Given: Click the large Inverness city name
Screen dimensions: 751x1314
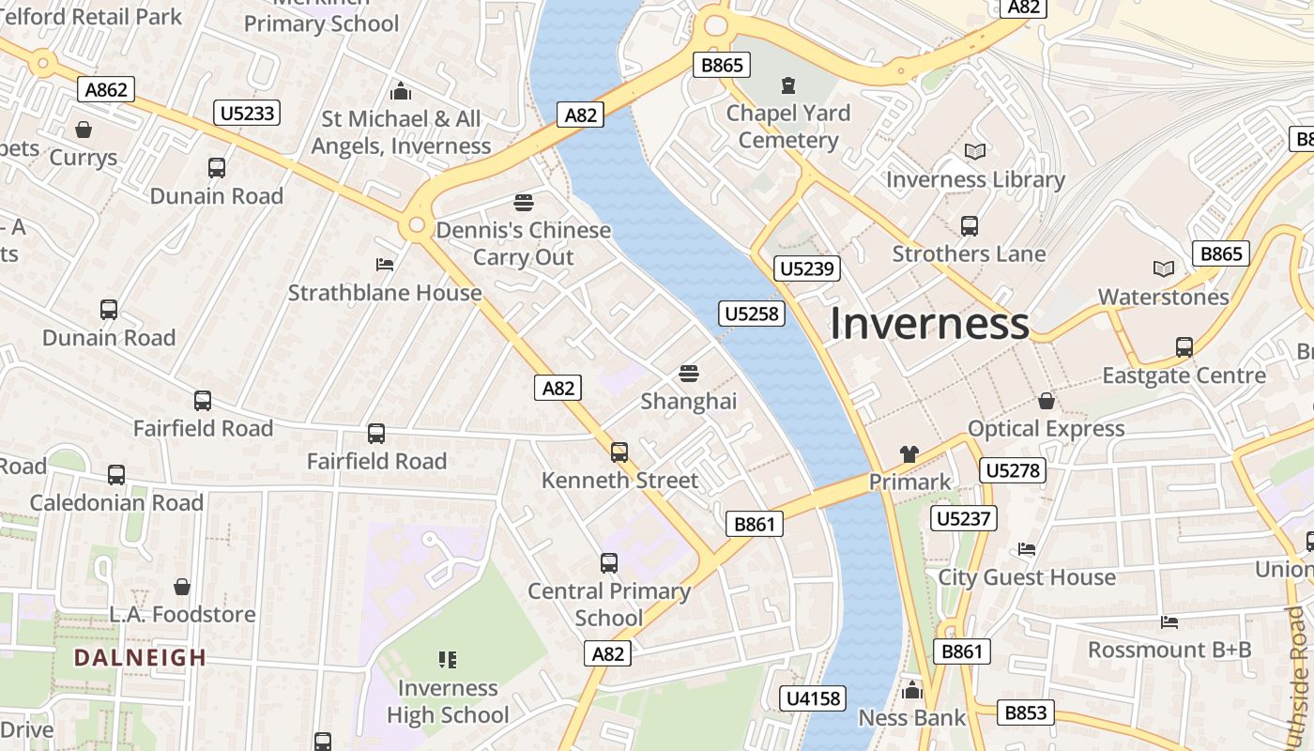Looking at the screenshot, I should coord(929,324).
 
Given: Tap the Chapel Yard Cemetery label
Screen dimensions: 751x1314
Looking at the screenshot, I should coord(788,127).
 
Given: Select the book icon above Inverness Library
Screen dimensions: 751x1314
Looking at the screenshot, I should coord(975,151).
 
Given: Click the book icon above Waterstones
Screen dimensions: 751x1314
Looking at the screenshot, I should coord(1164,269).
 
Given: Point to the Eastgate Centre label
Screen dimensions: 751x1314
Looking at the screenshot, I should coord(1184,375).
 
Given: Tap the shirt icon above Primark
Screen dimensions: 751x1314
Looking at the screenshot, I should coord(909,454).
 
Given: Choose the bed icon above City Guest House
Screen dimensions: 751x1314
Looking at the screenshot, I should coord(1027,549).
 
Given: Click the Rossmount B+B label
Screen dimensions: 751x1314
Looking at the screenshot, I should coord(1169,650).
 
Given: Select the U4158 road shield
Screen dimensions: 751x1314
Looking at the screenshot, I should coord(813,698).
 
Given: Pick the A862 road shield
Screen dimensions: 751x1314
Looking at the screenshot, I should coord(105,90).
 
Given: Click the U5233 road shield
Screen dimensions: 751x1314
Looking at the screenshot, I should coord(248,114).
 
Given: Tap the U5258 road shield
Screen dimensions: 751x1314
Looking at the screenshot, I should coord(753,314).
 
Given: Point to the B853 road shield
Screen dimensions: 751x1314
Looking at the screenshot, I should coord(1025,713).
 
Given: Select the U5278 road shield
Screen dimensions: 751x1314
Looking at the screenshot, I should coord(1013,470).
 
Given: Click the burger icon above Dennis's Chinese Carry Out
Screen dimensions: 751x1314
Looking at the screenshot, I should coord(523,202).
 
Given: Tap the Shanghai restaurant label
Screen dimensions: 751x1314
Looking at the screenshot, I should coord(689,402).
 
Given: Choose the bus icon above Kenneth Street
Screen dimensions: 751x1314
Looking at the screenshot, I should coord(619,452).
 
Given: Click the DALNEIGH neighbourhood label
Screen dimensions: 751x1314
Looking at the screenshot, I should coord(140,657).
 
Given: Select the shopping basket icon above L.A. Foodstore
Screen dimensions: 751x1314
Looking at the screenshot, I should coord(182,587).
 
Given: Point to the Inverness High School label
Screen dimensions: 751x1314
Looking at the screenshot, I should coord(448,701).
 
